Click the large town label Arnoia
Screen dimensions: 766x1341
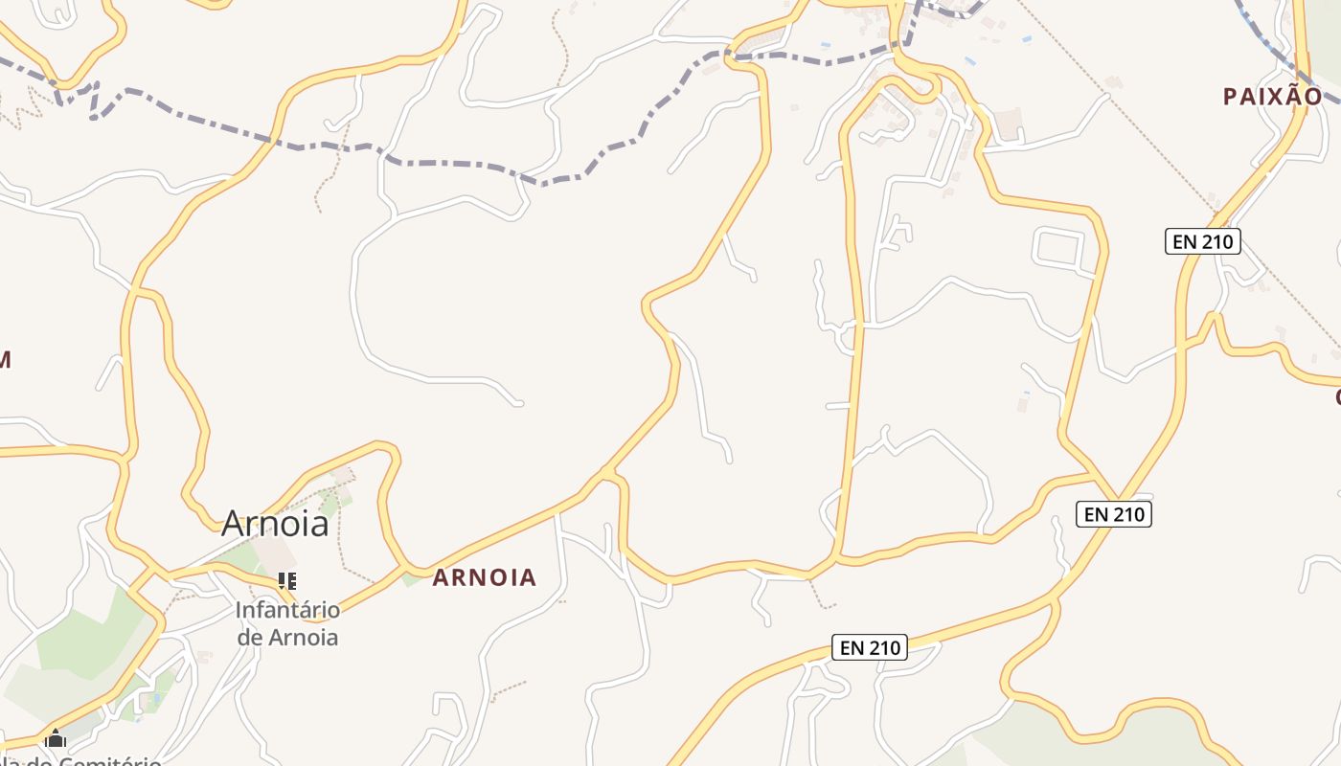pos(275,524)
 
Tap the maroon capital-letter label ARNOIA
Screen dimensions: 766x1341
pos(484,577)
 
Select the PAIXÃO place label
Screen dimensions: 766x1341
pos(1272,96)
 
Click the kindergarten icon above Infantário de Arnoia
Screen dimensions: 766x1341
pos(286,580)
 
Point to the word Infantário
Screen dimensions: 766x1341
pos(287,610)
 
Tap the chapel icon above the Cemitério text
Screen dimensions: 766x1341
pos(56,739)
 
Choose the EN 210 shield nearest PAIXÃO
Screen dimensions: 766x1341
pos(1203,241)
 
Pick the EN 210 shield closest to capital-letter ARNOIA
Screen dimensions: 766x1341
pos(870,647)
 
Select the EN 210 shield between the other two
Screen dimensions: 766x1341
pos(1113,514)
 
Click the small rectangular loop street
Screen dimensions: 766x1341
pos(1058,247)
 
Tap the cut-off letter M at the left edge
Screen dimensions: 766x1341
pos(4,360)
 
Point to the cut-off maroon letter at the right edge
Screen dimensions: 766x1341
pos(1337,396)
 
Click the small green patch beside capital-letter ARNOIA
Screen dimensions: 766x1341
pos(412,578)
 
